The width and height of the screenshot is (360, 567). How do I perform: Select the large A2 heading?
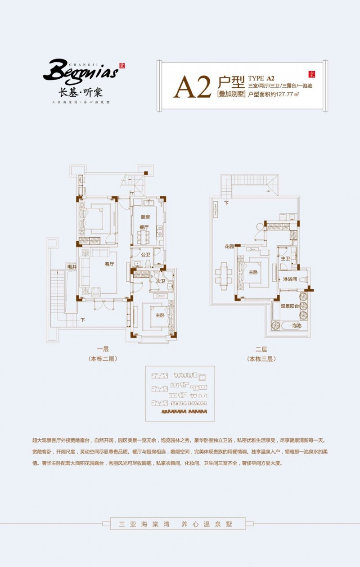(192, 87)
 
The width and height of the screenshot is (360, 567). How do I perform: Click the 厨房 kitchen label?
(144, 217)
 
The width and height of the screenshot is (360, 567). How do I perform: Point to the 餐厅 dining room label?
(144, 228)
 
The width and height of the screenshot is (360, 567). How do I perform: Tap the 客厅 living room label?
(109, 264)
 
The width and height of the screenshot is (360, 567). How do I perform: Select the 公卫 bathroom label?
(145, 255)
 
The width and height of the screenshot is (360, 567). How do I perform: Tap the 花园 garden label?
(229, 247)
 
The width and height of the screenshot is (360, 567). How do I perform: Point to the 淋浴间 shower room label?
(290, 279)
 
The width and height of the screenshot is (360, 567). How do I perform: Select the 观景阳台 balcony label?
(290, 306)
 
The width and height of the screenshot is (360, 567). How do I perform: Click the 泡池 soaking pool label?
(296, 325)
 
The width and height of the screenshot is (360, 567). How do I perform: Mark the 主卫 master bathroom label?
(285, 259)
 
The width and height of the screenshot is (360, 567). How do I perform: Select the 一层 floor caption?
(103, 349)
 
